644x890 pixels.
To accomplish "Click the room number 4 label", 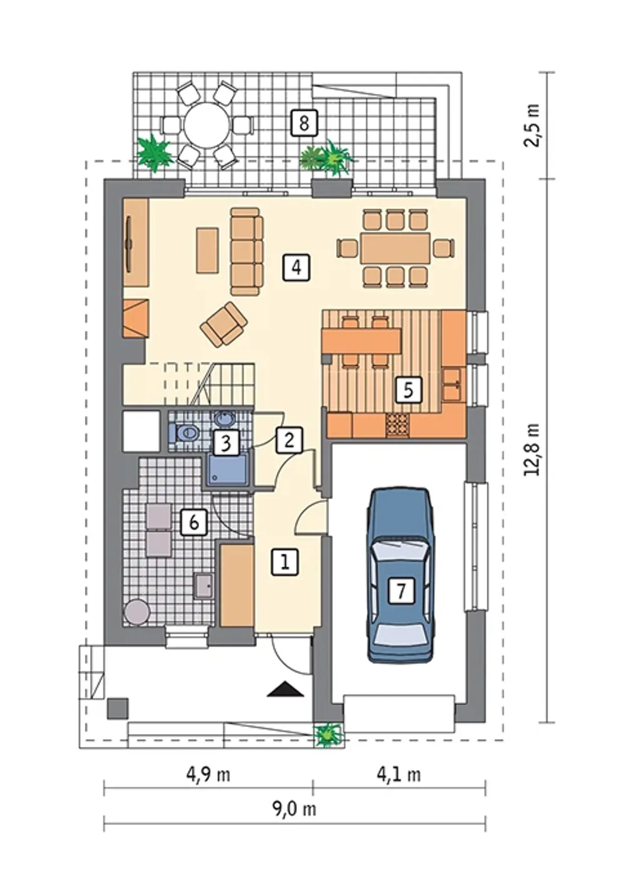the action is click(296, 267).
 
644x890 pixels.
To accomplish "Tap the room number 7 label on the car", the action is click(401, 590).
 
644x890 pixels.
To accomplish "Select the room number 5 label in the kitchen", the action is click(408, 389).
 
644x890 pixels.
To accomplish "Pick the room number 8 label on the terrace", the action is click(304, 123).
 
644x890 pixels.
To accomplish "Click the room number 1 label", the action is click(285, 562).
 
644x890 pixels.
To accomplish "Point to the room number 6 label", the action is click(194, 522).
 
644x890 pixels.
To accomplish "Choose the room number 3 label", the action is click(226, 443).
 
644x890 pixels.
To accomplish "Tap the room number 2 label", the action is click(289, 440).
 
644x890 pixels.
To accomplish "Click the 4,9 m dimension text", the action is click(208, 774).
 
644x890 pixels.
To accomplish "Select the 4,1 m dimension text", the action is click(399, 774).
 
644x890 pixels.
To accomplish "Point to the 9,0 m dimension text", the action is click(294, 808).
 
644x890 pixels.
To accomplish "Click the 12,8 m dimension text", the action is click(532, 449).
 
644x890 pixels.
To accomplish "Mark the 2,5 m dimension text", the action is click(532, 125).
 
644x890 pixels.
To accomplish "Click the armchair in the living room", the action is click(223, 325).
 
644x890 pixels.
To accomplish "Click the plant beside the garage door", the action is click(329, 735).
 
